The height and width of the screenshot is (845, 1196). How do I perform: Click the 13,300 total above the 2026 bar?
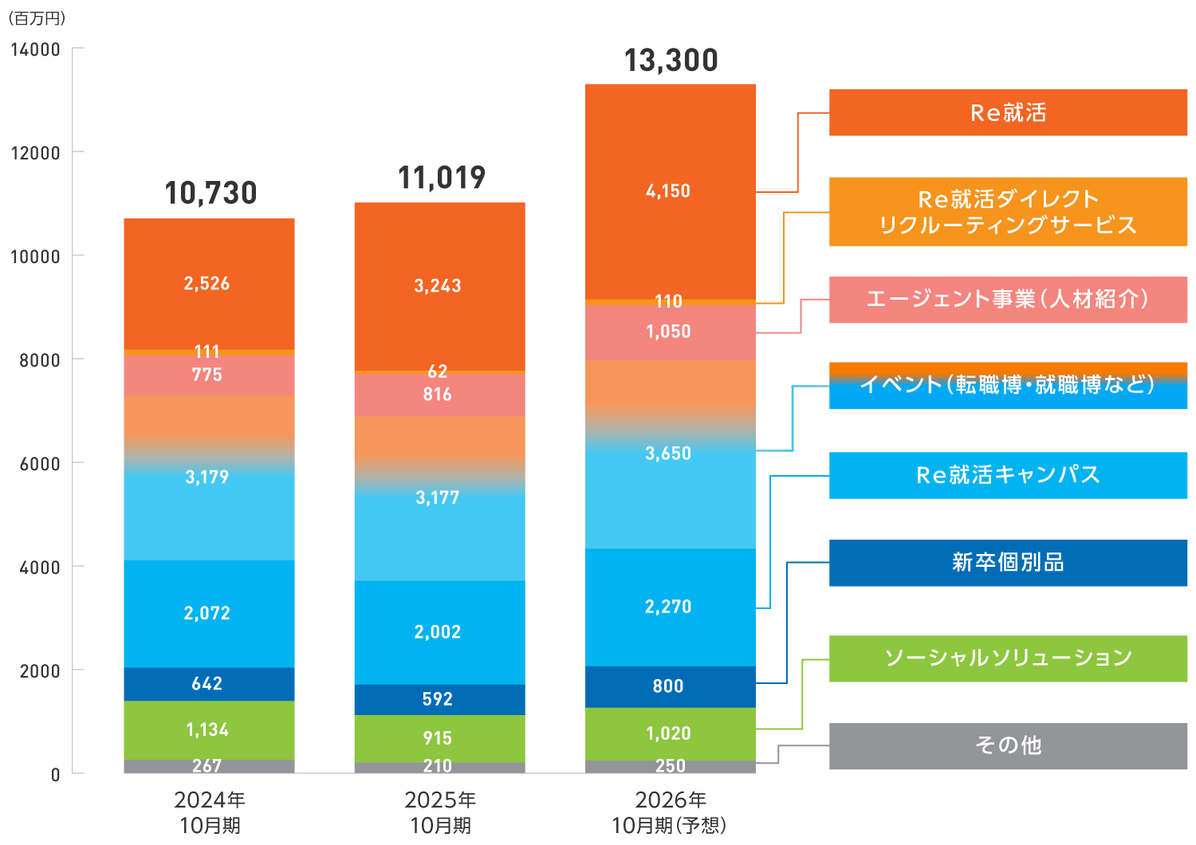click(x=671, y=61)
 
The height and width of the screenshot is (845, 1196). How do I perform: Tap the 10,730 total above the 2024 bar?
click(x=210, y=193)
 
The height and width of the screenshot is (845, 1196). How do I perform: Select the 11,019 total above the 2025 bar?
click(x=441, y=178)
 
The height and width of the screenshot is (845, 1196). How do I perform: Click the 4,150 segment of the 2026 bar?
click(x=670, y=191)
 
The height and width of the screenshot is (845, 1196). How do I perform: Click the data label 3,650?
click(x=668, y=454)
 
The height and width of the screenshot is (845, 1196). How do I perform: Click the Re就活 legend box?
click(x=1008, y=112)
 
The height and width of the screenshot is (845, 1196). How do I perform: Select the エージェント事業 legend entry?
click(x=1008, y=300)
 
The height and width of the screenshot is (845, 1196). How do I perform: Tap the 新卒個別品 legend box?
click(x=1008, y=563)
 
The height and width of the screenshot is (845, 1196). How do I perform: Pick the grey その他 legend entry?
click(x=1008, y=745)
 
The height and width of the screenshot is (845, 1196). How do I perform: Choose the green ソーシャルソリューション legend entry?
click(x=1008, y=658)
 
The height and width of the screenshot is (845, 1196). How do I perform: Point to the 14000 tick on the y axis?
click(x=35, y=49)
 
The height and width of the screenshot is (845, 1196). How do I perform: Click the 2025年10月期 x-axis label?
click(x=440, y=812)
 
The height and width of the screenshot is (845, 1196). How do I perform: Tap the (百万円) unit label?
click(x=37, y=18)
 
